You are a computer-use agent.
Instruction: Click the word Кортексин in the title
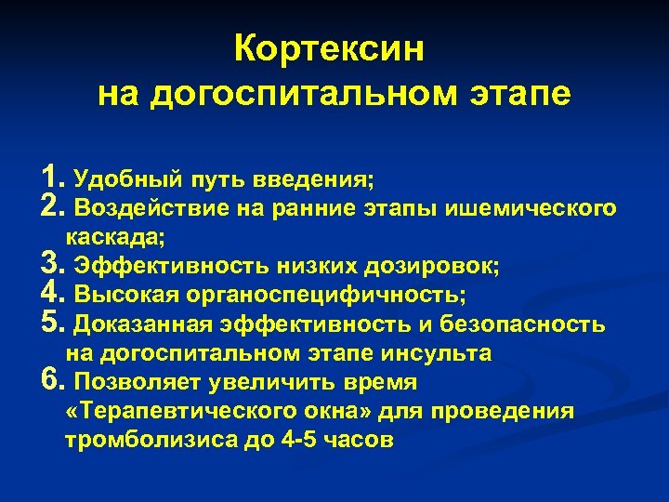pos(329,48)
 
